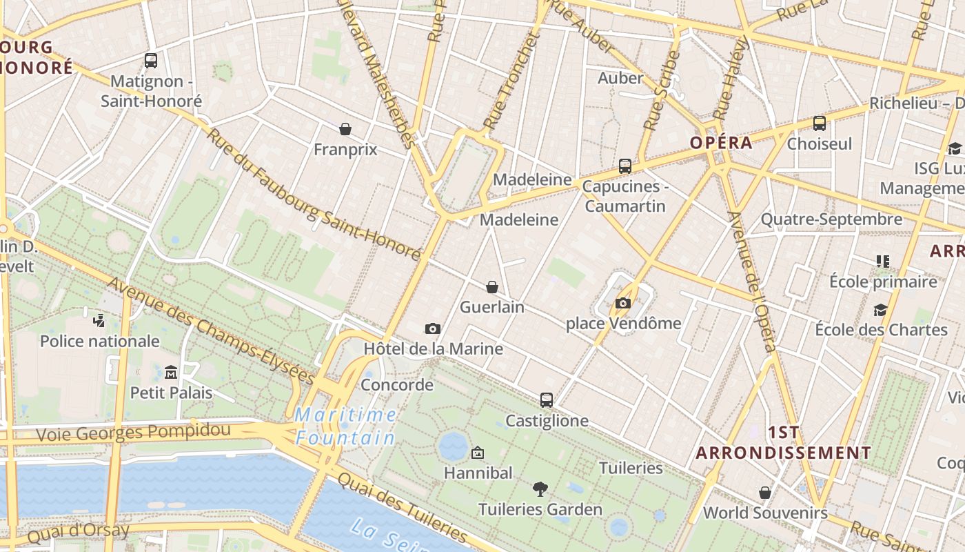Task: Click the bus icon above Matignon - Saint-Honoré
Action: [151, 61]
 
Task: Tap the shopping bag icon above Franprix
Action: [345, 128]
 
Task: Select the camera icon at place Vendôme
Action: [623, 303]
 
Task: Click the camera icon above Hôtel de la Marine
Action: [433, 328]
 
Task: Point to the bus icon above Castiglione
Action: [547, 400]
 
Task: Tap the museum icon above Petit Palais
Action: [171, 373]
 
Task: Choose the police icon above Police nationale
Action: [99, 320]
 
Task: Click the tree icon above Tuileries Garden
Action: [540, 489]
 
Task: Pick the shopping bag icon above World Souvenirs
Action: [765, 493]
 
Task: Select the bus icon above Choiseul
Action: [820, 124]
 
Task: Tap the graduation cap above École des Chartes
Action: [880, 310]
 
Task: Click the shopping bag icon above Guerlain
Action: [492, 287]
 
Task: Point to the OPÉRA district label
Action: [721, 143]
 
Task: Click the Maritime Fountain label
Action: [345, 426]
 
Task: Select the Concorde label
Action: [397, 384]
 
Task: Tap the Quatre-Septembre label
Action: [831, 219]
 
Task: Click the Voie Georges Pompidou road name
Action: [133, 433]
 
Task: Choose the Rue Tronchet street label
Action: [510, 83]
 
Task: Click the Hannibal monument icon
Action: [477, 453]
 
